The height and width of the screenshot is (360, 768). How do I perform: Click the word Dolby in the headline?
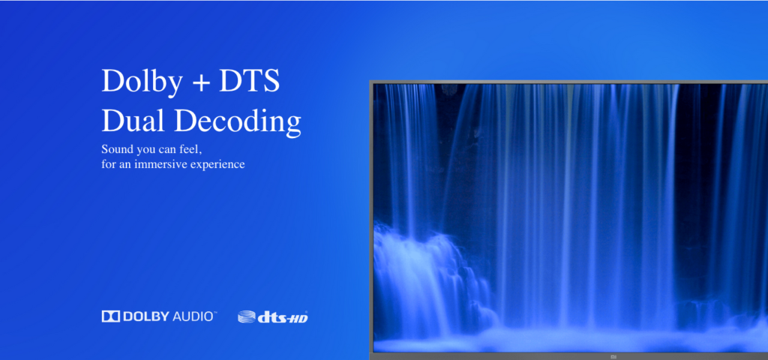142,81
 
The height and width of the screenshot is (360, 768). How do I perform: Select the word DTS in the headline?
249,81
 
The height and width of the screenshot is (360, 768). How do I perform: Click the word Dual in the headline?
132,121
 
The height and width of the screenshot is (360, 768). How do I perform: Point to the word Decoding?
238,121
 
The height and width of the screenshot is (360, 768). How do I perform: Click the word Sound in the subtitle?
115,149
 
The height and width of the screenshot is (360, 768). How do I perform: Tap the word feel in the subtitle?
190,149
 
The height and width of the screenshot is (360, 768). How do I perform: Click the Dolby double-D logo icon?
111,316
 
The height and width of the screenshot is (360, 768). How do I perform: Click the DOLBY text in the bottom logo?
146,316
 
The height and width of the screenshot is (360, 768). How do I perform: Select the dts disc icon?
247,317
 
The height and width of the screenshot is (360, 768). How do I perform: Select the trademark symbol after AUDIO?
215,313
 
